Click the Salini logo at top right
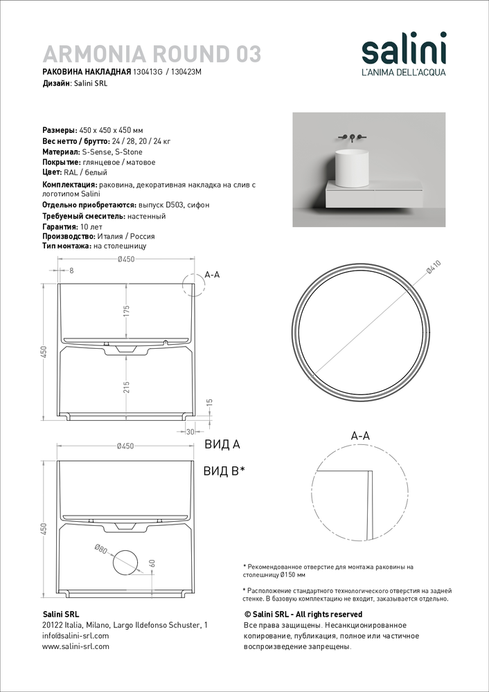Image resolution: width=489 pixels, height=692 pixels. tap(404, 54)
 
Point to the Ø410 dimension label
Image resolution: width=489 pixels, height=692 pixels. tap(434, 268)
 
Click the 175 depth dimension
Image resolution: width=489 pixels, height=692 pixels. tap(126, 311)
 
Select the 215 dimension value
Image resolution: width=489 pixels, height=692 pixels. tap(126, 388)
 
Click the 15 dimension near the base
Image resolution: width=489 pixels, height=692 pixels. tap(211, 402)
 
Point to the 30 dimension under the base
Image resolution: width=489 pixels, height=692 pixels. tap(190, 432)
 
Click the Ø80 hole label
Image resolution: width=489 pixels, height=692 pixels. tap(100, 549)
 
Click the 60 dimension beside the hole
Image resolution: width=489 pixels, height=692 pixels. tap(152, 563)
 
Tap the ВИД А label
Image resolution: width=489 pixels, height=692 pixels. tap(222, 444)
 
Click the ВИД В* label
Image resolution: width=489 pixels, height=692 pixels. tap(224, 471)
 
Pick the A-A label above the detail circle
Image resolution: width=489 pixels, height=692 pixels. tap(360, 436)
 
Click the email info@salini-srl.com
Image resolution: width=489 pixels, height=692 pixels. tap(75, 636)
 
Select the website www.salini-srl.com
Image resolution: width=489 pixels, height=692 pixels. tap(75, 646)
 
